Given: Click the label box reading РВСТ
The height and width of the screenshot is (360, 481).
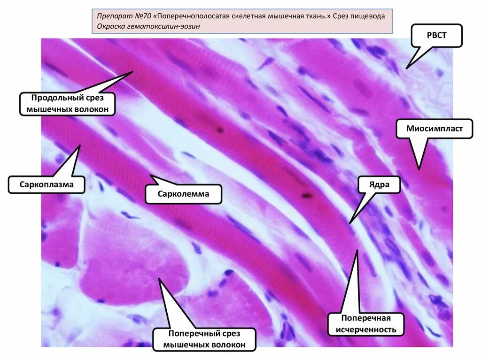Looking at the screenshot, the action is coord(437,36).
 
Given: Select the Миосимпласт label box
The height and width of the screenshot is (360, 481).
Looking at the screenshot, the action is coord(434,128).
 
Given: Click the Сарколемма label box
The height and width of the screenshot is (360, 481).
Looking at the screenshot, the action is coord(183,193).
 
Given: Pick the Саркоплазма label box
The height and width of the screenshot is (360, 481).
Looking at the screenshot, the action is coord(47,184).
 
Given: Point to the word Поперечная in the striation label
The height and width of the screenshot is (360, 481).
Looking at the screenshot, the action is coord(366,319).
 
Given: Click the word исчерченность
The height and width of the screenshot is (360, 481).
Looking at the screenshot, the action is coord(366,329).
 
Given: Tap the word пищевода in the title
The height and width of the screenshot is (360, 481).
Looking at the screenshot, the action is coord(369,16).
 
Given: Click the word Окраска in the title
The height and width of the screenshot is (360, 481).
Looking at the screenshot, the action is coord(111,26).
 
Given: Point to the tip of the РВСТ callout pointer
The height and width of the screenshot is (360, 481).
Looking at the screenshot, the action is coord(406,69).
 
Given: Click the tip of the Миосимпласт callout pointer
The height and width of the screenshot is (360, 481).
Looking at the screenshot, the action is coord(419,169).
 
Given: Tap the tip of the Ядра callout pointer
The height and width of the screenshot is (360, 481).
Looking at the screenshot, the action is coord(349,222).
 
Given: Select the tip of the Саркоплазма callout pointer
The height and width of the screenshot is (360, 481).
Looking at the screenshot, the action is coord(80,145).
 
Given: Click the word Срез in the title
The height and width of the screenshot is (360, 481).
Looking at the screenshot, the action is coord(342,16).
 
